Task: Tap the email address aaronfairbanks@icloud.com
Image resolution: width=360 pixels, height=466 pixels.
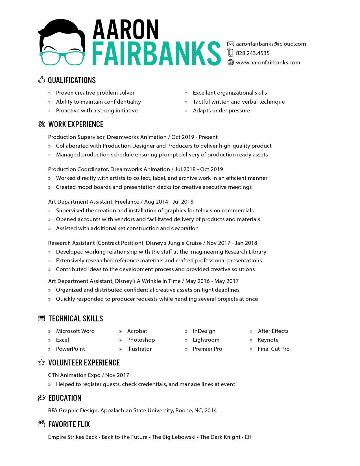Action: pyautogui.click(x=271, y=44)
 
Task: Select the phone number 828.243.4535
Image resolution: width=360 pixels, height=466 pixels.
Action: pyautogui.click(x=253, y=53)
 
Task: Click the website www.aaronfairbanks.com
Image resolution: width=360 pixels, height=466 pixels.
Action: pyautogui.click(x=268, y=62)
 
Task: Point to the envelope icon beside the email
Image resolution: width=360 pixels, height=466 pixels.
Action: pyautogui.click(x=231, y=44)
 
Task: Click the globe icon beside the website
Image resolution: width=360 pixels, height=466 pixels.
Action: pyautogui.click(x=231, y=62)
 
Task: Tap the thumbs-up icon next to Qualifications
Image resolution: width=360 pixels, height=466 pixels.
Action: pyautogui.click(x=42, y=80)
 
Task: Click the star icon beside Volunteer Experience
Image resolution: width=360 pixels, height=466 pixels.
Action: pyautogui.click(x=42, y=362)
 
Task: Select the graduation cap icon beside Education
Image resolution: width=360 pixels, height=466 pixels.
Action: pyautogui.click(x=42, y=398)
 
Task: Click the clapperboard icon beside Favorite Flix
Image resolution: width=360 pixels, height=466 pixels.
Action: pyautogui.click(x=42, y=424)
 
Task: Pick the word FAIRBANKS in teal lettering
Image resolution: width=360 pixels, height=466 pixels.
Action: pyautogui.click(x=156, y=54)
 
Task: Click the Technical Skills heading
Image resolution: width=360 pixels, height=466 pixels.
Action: pyautogui.click(x=76, y=319)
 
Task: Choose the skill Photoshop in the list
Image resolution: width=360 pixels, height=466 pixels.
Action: pyautogui.click(x=141, y=340)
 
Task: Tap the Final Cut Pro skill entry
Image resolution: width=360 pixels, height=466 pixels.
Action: pyautogui.click(x=274, y=349)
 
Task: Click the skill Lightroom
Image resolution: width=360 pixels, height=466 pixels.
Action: pyautogui.click(x=206, y=340)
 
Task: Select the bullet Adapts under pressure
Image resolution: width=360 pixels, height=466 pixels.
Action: pyautogui.click(x=221, y=110)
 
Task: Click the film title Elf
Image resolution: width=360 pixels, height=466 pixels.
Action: pyautogui.click(x=248, y=437)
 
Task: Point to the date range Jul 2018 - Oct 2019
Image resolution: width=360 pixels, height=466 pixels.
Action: pyautogui.click(x=199, y=169)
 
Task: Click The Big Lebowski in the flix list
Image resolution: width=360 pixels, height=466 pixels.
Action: pyautogui.click(x=174, y=437)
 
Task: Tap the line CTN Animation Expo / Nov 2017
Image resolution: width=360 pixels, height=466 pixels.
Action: pyautogui.click(x=88, y=375)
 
